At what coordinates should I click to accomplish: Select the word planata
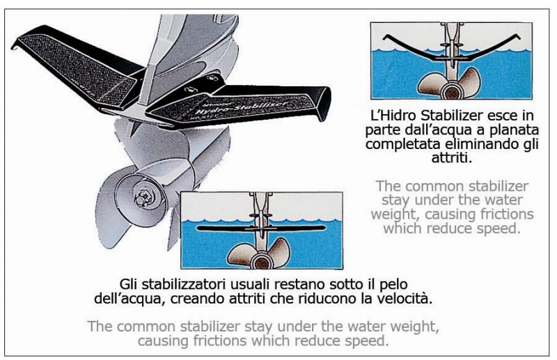(516, 130)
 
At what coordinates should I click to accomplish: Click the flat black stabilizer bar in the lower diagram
(261, 228)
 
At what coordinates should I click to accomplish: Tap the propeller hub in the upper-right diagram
(451, 91)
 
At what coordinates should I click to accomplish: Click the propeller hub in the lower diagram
(262, 262)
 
